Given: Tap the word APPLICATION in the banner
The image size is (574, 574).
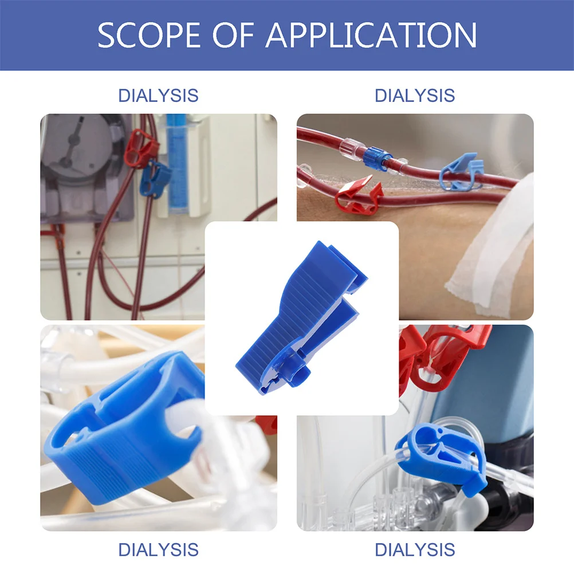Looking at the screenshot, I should tap(371, 35).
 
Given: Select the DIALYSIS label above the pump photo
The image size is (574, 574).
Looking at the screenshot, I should tap(158, 95).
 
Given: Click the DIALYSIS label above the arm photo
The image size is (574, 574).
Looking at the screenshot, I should tap(415, 95).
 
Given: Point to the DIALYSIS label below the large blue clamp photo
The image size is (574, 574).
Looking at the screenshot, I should tap(158, 549).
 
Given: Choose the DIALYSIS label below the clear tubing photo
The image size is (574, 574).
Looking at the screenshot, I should tap(415, 549).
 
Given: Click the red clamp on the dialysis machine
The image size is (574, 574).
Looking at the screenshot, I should tap(139, 148).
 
